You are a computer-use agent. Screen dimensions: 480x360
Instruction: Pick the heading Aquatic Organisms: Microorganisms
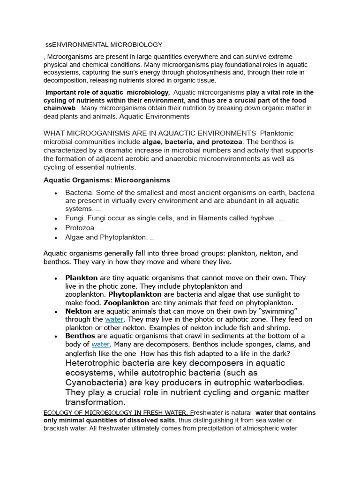click(x=107, y=180)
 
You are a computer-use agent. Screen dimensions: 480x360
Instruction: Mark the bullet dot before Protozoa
click(x=56, y=228)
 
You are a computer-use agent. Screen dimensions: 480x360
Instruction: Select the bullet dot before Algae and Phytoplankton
click(x=56, y=238)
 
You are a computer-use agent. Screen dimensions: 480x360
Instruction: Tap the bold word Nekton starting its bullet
click(x=78, y=311)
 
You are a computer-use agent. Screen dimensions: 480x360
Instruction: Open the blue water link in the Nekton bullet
click(x=114, y=320)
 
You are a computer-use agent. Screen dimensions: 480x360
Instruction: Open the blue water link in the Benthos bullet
click(x=100, y=345)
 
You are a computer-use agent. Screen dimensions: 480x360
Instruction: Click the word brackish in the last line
click(x=57, y=429)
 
